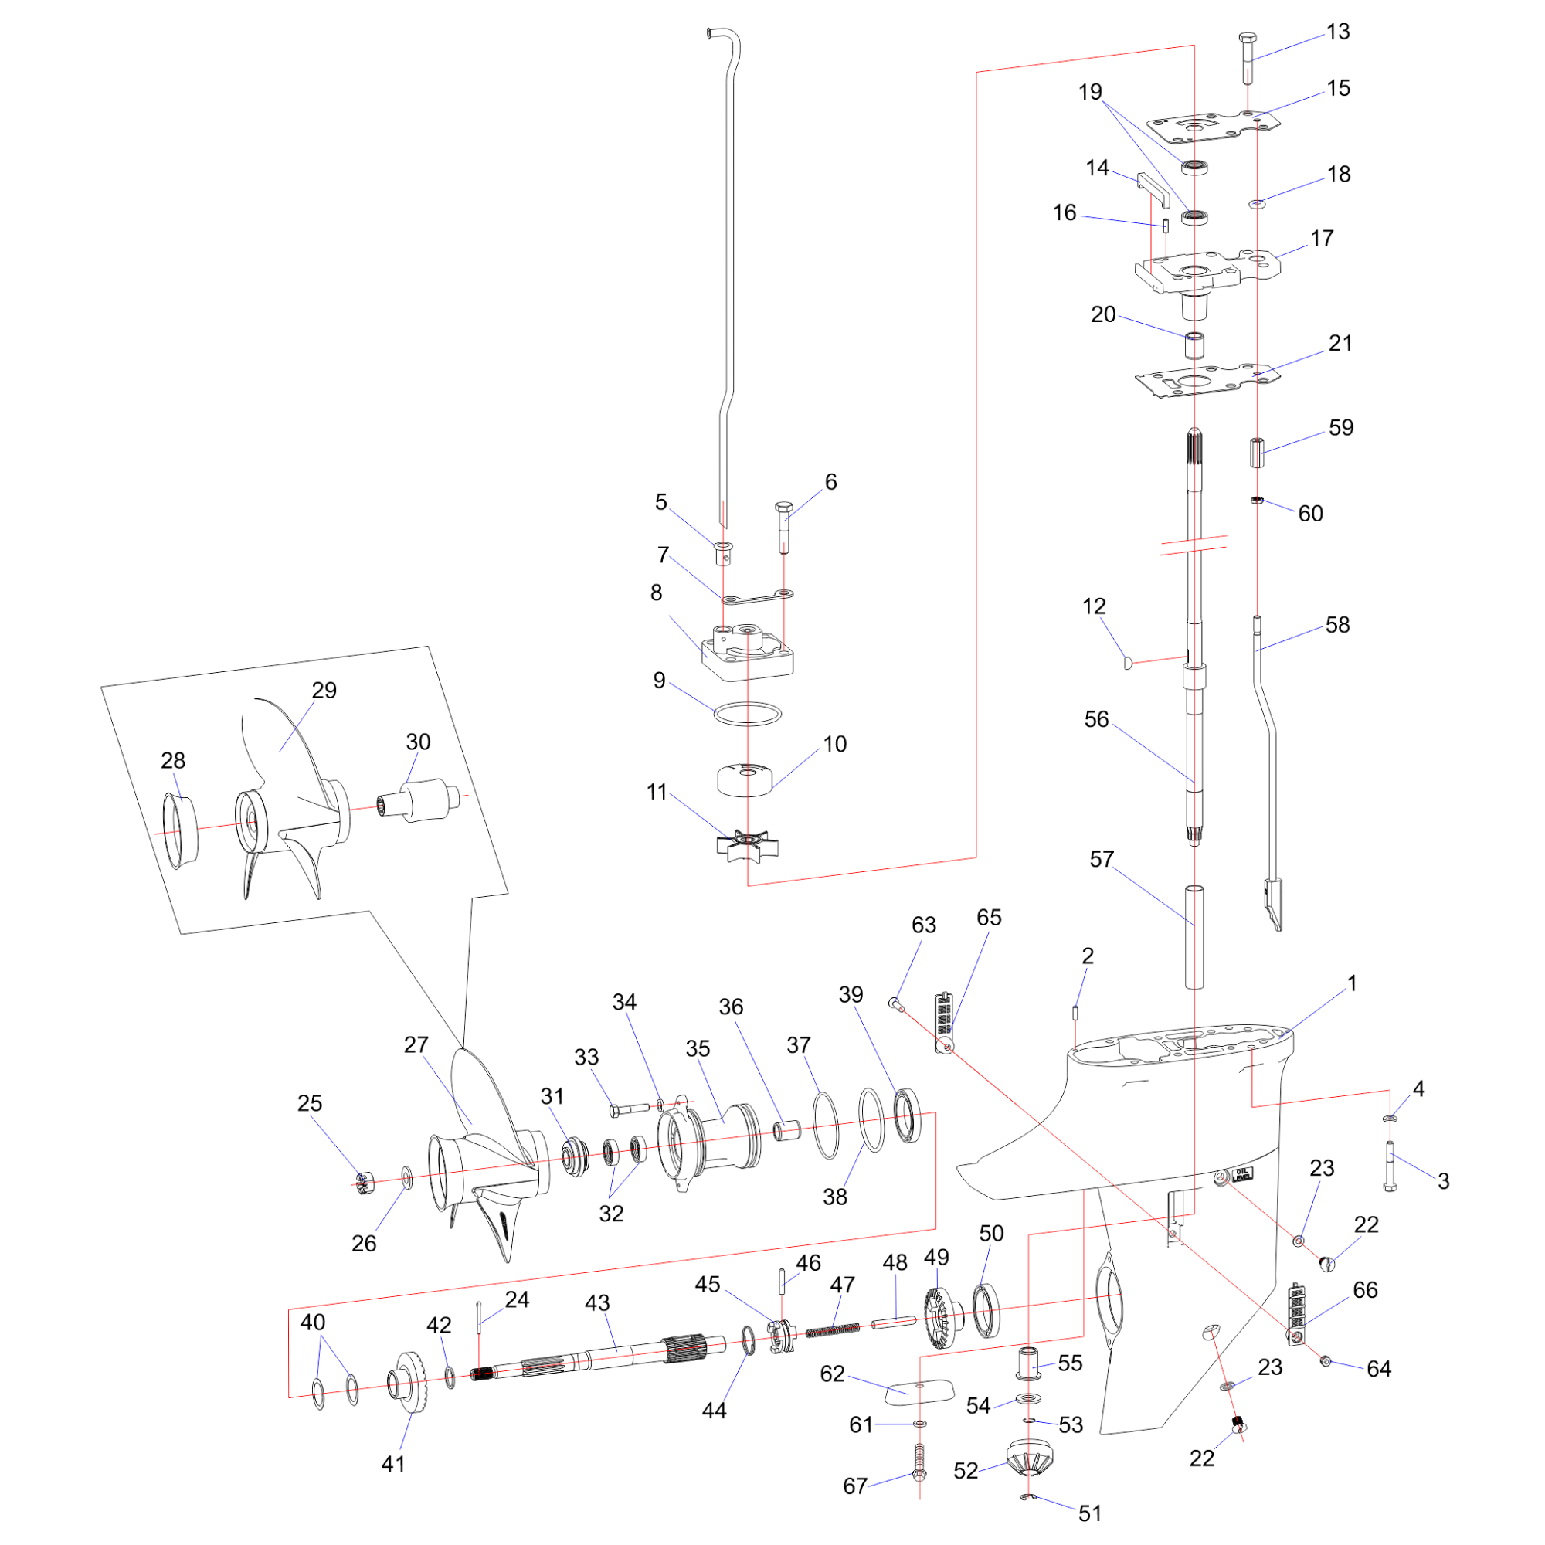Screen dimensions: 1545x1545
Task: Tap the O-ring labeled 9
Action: pyautogui.click(x=747, y=713)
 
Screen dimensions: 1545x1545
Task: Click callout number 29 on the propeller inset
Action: pyautogui.click(x=324, y=690)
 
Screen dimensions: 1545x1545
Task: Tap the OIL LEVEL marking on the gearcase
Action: pyautogui.click(x=1243, y=1175)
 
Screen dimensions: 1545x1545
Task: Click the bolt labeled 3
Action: pyautogui.click(x=1390, y=1167)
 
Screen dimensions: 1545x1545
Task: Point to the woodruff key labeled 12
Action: pyautogui.click(x=1128, y=662)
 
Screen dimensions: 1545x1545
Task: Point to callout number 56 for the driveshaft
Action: pyautogui.click(x=1096, y=719)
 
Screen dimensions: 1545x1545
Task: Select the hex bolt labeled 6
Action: pyautogui.click(x=783, y=528)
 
